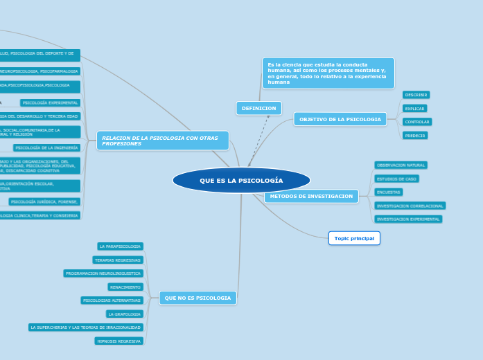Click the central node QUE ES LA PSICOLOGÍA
point(241,181)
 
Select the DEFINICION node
point(258,109)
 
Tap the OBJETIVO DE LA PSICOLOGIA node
point(340,119)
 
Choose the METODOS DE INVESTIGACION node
point(311,197)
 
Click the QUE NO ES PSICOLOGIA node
point(197,298)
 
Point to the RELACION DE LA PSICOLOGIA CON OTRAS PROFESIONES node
point(162,141)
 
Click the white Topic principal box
point(354,238)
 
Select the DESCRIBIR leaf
point(416,95)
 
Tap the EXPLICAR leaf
point(414,109)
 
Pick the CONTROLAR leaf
point(417,122)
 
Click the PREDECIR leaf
point(415,136)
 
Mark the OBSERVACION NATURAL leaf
point(401,165)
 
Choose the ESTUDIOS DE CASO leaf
point(396,179)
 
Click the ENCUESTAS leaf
point(388,192)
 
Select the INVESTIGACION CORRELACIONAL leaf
point(410,206)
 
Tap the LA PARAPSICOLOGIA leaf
point(120,246)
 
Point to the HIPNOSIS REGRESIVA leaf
point(119,341)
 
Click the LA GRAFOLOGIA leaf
point(124,314)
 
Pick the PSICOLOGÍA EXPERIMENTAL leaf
point(50,102)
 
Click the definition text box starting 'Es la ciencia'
point(328,73)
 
